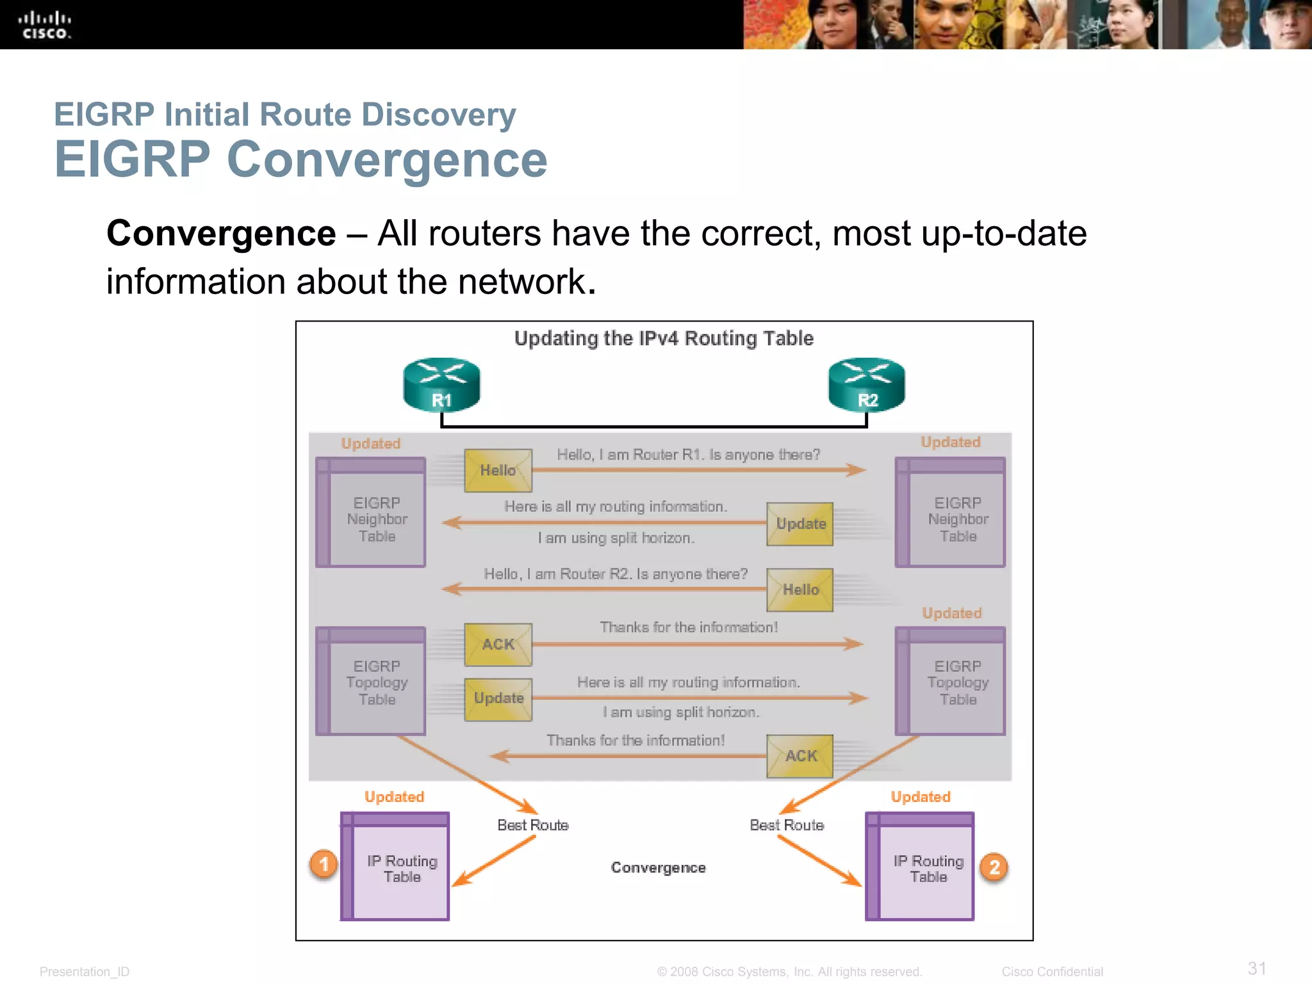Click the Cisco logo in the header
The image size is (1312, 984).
[44, 25]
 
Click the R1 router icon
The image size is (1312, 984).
[441, 384]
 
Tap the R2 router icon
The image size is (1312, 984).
[867, 384]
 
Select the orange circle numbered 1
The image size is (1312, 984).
[324, 864]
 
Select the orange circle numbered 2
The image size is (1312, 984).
[994, 867]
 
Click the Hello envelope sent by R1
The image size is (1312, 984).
[498, 470]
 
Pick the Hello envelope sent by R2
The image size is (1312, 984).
[800, 589]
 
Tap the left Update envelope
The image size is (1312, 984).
[498, 699]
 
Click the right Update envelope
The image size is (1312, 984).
[800, 524]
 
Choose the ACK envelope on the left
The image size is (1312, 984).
[498, 644]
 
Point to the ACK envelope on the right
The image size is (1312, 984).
[800, 756]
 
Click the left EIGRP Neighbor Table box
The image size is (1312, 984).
[371, 512]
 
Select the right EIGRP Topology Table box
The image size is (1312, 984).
[950, 681]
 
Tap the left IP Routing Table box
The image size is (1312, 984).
[395, 867]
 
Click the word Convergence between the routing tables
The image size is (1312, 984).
[658, 867]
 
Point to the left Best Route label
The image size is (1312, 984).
[533, 825]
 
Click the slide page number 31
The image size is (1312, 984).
[1257, 968]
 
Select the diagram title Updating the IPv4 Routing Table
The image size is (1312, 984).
[664, 338]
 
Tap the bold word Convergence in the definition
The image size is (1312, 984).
[221, 233]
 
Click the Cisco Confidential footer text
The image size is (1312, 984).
[1052, 972]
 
